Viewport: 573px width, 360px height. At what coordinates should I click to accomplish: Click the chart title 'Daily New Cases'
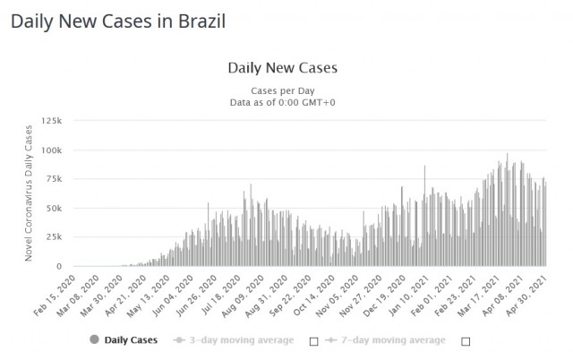[x=282, y=67]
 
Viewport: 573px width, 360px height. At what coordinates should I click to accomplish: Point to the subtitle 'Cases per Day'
[x=282, y=90]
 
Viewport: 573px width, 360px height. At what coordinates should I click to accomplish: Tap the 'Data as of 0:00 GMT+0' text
[x=282, y=103]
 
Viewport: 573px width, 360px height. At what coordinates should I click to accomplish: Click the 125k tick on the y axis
[x=52, y=120]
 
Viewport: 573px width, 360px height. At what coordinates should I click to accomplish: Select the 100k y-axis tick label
[x=52, y=150]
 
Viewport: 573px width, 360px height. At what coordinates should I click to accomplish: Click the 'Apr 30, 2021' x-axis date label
[x=528, y=294]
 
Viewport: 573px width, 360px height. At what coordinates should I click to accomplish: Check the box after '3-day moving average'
[x=313, y=341]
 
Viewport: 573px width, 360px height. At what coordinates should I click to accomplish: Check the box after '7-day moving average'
[x=466, y=341]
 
